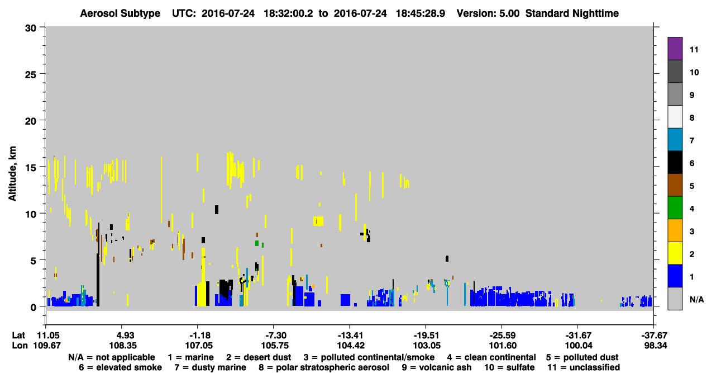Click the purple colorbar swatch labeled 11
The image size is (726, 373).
(x=675, y=48)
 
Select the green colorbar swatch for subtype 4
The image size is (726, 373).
(x=675, y=208)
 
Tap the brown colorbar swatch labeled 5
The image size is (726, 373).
(x=675, y=185)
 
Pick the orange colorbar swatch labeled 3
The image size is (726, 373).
(x=675, y=230)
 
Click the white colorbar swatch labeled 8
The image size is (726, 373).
(x=675, y=116)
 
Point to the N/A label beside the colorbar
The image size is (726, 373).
(x=696, y=300)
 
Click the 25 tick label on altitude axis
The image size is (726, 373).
(x=31, y=74)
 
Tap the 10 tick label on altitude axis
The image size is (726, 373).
(x=31, y=214)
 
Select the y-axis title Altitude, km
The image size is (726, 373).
(x=12, y=174)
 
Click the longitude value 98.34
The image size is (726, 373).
(x=656, y=346)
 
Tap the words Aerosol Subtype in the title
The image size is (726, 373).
(x=120, y=13)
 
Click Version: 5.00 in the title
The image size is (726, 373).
(x=488, y=13)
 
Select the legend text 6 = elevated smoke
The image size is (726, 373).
(x=120, y=367)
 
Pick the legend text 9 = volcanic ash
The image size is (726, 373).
(x=437, y=367)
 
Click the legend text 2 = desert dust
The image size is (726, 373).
(x=259, y=357)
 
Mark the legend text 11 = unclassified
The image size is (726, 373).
(x=584, y=367)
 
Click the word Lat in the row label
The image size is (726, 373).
(x=18, y=336)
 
